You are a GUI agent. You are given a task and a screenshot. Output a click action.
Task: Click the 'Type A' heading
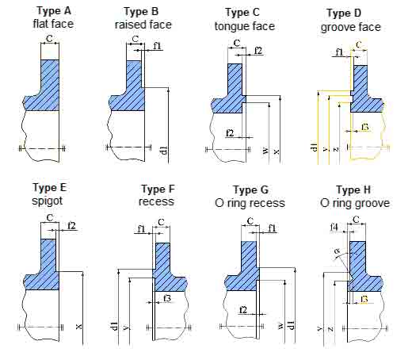pyautogui.click(x=50, y=11)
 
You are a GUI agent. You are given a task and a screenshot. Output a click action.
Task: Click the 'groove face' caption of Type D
pyautogui.click(x=351, y=27)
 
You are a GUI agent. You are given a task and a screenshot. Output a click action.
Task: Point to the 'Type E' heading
pyautogui.click(x=49, y=187)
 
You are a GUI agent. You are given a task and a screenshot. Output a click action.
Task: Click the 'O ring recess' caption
pyautogui.click(x=251, y=203)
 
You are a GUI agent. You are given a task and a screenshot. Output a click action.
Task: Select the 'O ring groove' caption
pyautogui.click(x=353, y=203)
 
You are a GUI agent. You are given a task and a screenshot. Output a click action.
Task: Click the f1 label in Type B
pyautogui.click(x=157, y=46)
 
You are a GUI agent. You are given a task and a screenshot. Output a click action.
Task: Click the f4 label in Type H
pyautogui.click(x=334, y=228)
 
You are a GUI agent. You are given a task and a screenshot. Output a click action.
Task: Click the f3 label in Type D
pyautogui.click(x=365, y=127)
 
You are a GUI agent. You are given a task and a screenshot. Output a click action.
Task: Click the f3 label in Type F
pyautogui.click(x=166, y=298)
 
